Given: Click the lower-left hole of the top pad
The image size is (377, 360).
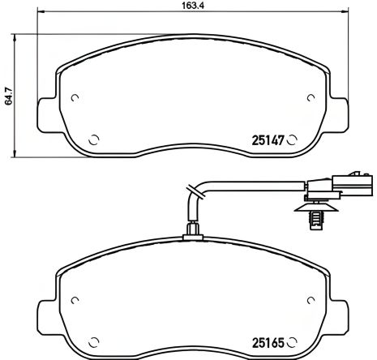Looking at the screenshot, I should tap(93, 138).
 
